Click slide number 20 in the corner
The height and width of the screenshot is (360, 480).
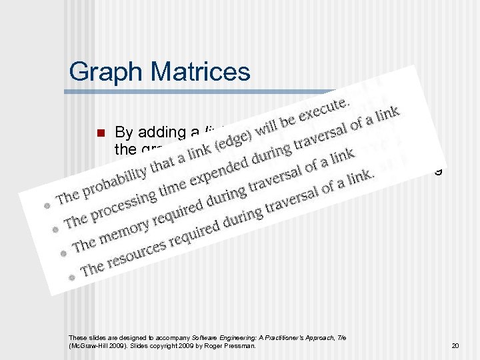(455, 346)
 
